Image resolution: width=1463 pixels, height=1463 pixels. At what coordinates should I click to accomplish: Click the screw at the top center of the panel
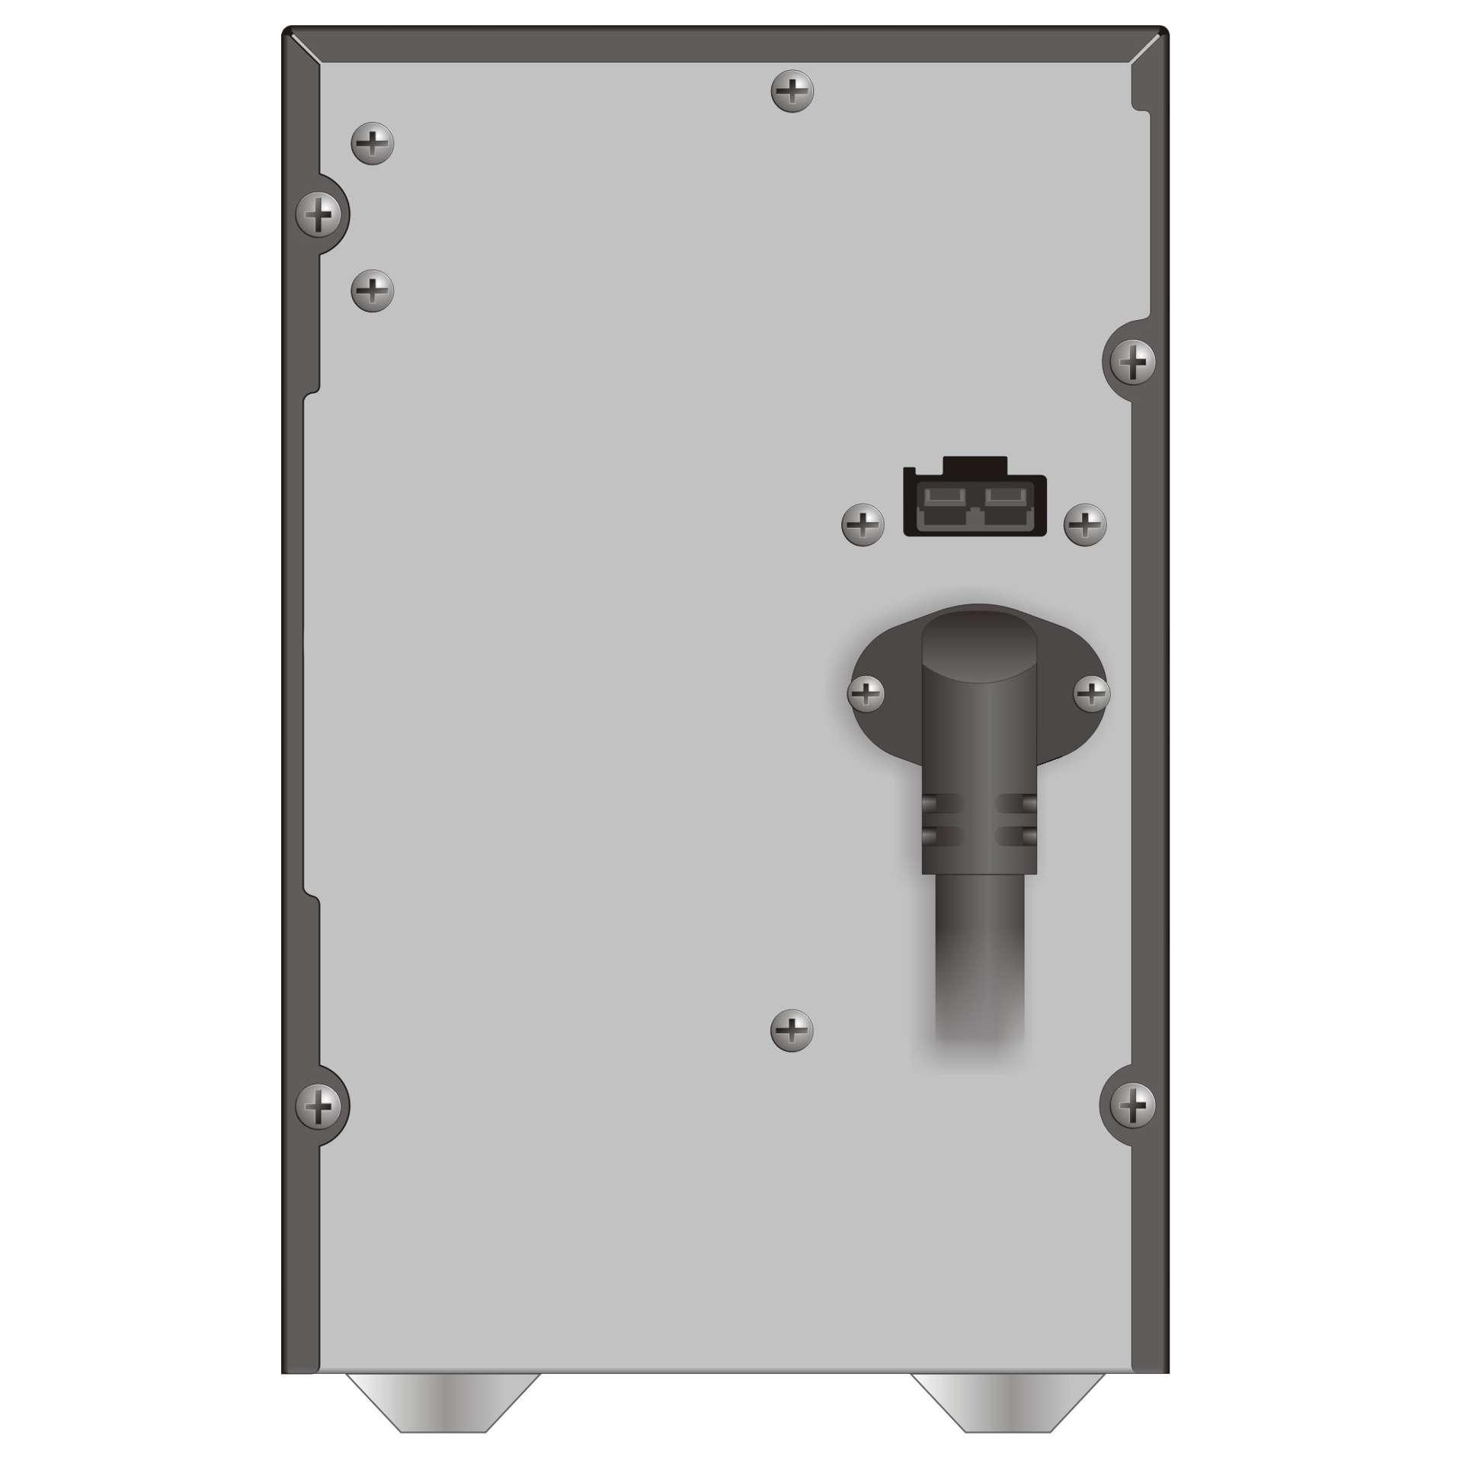(x=792, y=92)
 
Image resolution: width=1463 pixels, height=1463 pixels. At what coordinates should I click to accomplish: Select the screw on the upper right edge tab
(x=1133, y=361)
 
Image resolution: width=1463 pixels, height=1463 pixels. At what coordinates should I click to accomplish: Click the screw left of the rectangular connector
(x=863, y=524)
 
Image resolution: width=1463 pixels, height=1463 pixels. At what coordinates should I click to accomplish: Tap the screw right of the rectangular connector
(x=1085, y=524)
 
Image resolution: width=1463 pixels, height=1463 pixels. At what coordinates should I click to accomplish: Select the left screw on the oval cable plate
(x=866, y=694)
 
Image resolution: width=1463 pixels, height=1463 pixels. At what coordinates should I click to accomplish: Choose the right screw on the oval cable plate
(x=1091, y=694)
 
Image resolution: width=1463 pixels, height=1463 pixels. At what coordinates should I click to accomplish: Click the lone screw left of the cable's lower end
(x=792, y=1032)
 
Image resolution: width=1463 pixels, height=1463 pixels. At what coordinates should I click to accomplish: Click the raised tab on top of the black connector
(x=975, y=464)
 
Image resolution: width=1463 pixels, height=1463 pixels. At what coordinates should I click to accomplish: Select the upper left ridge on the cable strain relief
(x=942, y=804)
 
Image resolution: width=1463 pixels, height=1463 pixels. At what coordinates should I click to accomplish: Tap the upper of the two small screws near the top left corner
(x=372, y=143)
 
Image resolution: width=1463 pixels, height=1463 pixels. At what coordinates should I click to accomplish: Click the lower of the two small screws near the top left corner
(x=372, y=290)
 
